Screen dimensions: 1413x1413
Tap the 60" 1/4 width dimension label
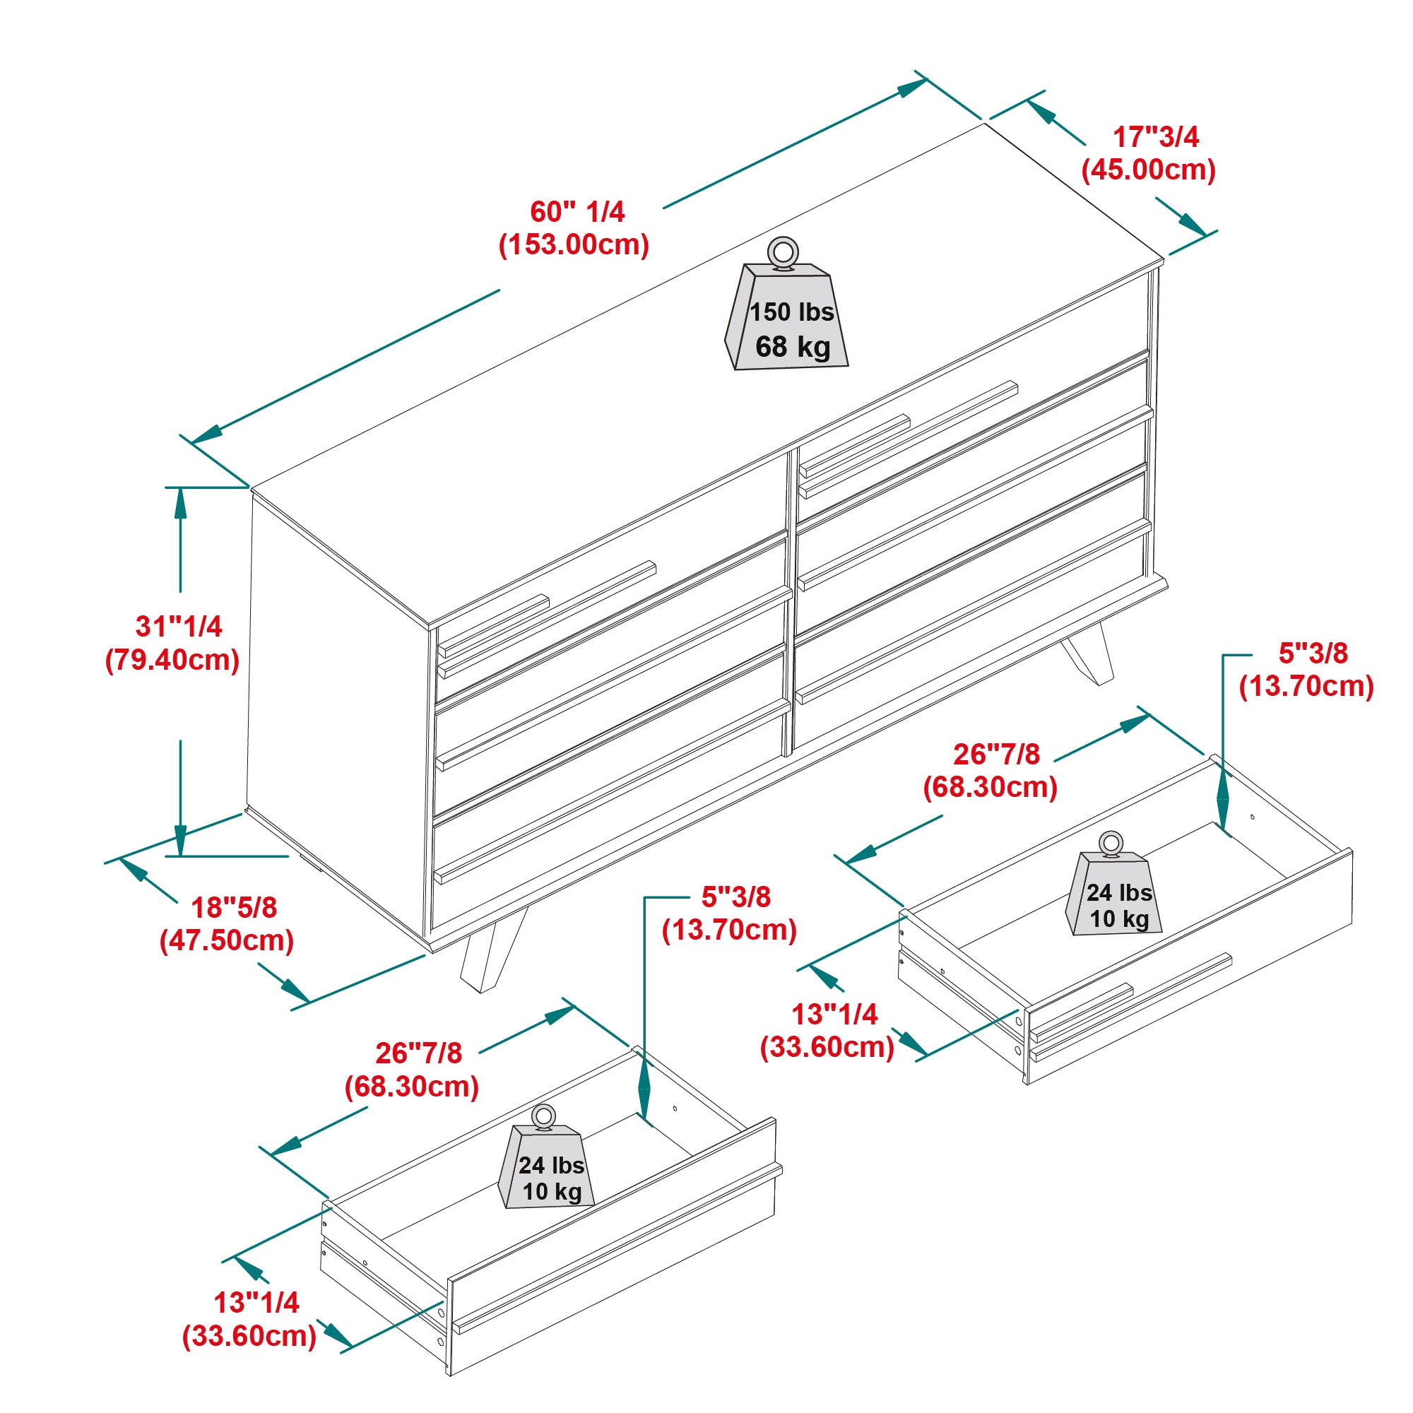tap(577, 212)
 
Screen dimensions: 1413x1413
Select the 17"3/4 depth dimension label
tap(1156, 137)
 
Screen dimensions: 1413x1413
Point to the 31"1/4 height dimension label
tap(179, 626)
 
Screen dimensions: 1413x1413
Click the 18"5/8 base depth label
tap(234, 907)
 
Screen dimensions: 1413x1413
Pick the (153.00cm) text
tap(574, 244)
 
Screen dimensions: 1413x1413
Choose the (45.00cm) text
tap(1148, 170)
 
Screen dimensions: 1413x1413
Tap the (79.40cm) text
tap(172, 660)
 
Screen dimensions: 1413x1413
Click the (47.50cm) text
tap(227, 940)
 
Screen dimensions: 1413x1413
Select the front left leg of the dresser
tap(492, 951)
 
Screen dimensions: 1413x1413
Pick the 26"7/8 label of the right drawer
tap(996, 754)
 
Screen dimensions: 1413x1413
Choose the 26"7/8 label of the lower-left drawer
tap(418, 1053)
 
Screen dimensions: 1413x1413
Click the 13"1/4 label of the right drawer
tap(834, 1014)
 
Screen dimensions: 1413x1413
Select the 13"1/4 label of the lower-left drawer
tap(256, 1303)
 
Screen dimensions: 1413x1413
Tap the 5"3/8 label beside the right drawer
tap(1313, 653)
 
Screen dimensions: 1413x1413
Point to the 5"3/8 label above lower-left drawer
tap(735, 897)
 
